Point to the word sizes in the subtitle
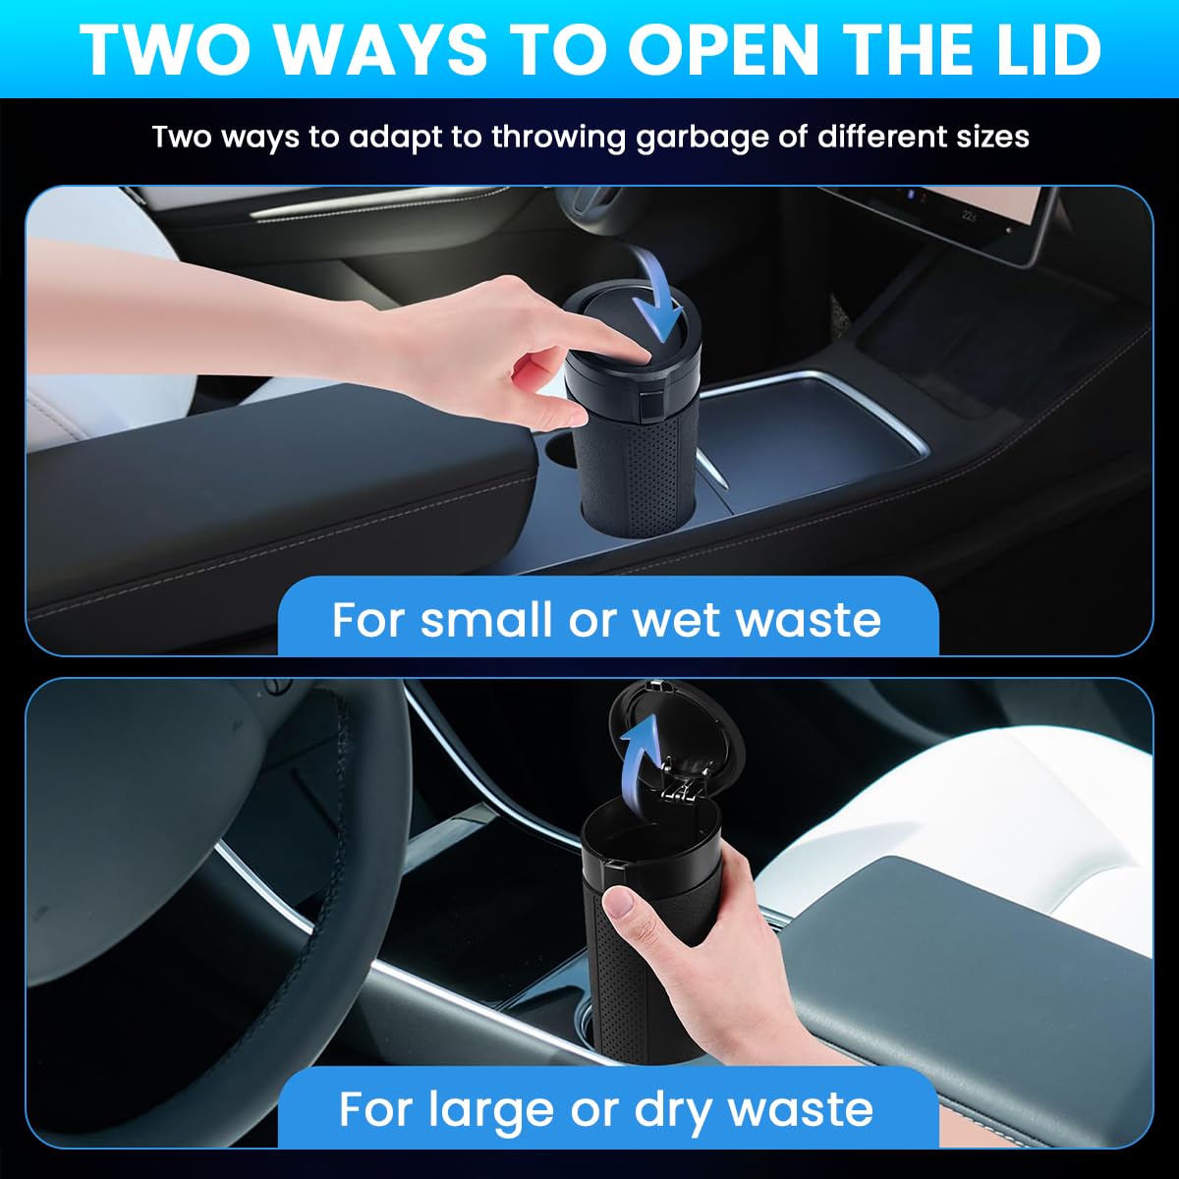pos(989,136)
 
